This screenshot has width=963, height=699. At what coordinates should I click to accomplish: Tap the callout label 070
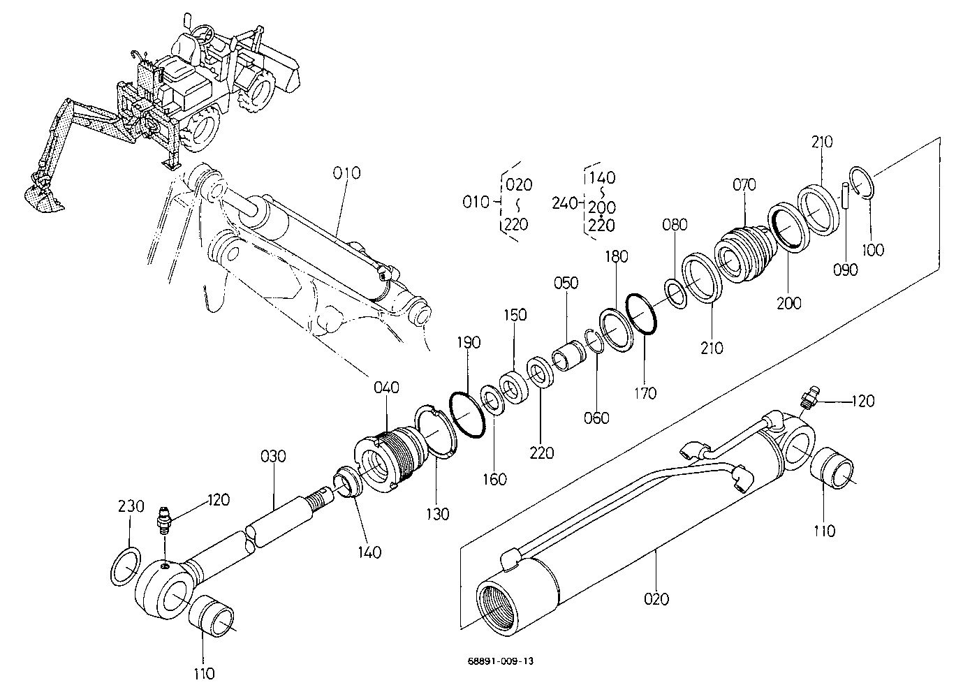pyautogui.click(x=744, y=184)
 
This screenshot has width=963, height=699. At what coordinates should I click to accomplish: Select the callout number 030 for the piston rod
pyautogui.click(x=274, y=456)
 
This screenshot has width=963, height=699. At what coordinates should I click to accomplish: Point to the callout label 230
pyautogui.click(x=131, y=506)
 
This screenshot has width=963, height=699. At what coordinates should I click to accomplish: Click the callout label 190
pyautogui.click(x=469, y=342)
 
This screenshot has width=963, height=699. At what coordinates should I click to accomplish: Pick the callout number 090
pyautogui.click(x=846, y=270)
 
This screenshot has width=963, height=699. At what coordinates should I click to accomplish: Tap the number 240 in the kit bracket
pyautogui.click(x=564, y=203)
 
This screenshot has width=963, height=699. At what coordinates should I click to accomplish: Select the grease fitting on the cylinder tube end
pyautogui.click(x=809, y=397)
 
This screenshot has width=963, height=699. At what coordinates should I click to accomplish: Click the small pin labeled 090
pyautogui.click(x=845, y=196)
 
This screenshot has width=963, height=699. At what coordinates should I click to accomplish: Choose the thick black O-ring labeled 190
pyautogui.click(x=467, y=415)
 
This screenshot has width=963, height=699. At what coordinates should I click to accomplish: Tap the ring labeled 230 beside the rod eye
pyautogui.click(x=126, y=566)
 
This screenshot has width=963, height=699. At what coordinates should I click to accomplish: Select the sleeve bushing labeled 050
pyautogui.click(x=568, y=355)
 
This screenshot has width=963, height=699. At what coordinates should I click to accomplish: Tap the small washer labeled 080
pyautogui.click(x=676, y=293)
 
